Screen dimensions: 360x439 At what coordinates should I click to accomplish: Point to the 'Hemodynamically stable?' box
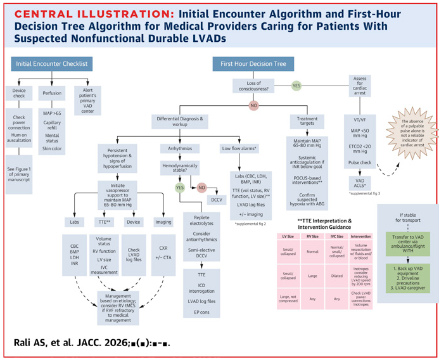click(x=179, y=168)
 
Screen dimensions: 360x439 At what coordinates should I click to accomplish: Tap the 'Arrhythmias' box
click(x=179, y=148)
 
